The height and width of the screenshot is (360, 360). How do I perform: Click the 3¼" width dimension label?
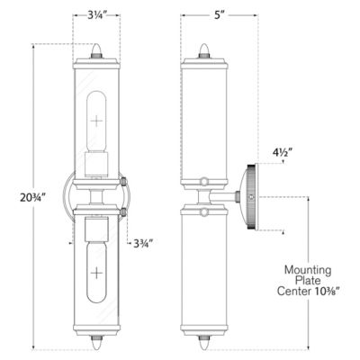coord(99,16)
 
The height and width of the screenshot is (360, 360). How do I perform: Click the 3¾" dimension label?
coord(142,243)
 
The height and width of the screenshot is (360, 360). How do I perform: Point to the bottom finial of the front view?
coord(97,343)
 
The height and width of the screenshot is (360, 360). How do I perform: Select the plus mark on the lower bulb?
coord(97,275)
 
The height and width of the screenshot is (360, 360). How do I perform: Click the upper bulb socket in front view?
coord(97,164)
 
